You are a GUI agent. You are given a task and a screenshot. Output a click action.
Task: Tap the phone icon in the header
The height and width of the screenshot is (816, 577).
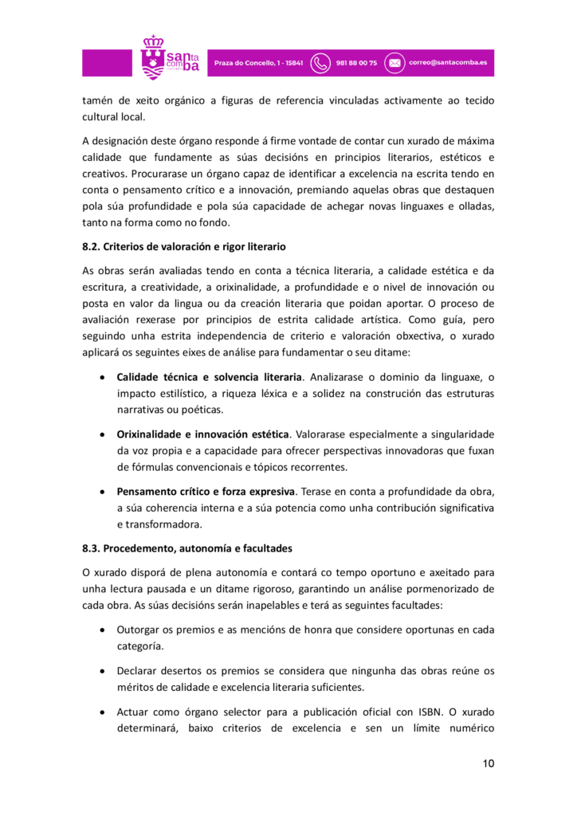pyautogui.click(x=320, y=63)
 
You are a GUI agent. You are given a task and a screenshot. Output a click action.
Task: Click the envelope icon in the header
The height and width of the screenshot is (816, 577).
pyautogui.click(x=394, y=63)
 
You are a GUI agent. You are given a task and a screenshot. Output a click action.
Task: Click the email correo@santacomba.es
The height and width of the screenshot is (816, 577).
pyautogui.click(x=449, y=63)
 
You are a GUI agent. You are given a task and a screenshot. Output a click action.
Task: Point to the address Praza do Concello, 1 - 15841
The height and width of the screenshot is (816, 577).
pyautogui.click(x=257, y=63)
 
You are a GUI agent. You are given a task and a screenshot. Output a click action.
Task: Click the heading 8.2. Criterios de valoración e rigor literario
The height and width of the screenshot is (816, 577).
pyautogui.click(x=184, y=246)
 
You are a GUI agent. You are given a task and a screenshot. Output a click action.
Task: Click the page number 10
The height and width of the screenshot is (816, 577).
pyautogui.click(x=489, y=763)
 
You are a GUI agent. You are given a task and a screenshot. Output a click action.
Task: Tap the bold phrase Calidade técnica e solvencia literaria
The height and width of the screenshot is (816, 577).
pyautogui.click(x=209, y=377)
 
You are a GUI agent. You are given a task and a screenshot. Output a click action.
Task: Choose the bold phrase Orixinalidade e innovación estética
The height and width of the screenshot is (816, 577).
pyautogui.click(x=202, y=434)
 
